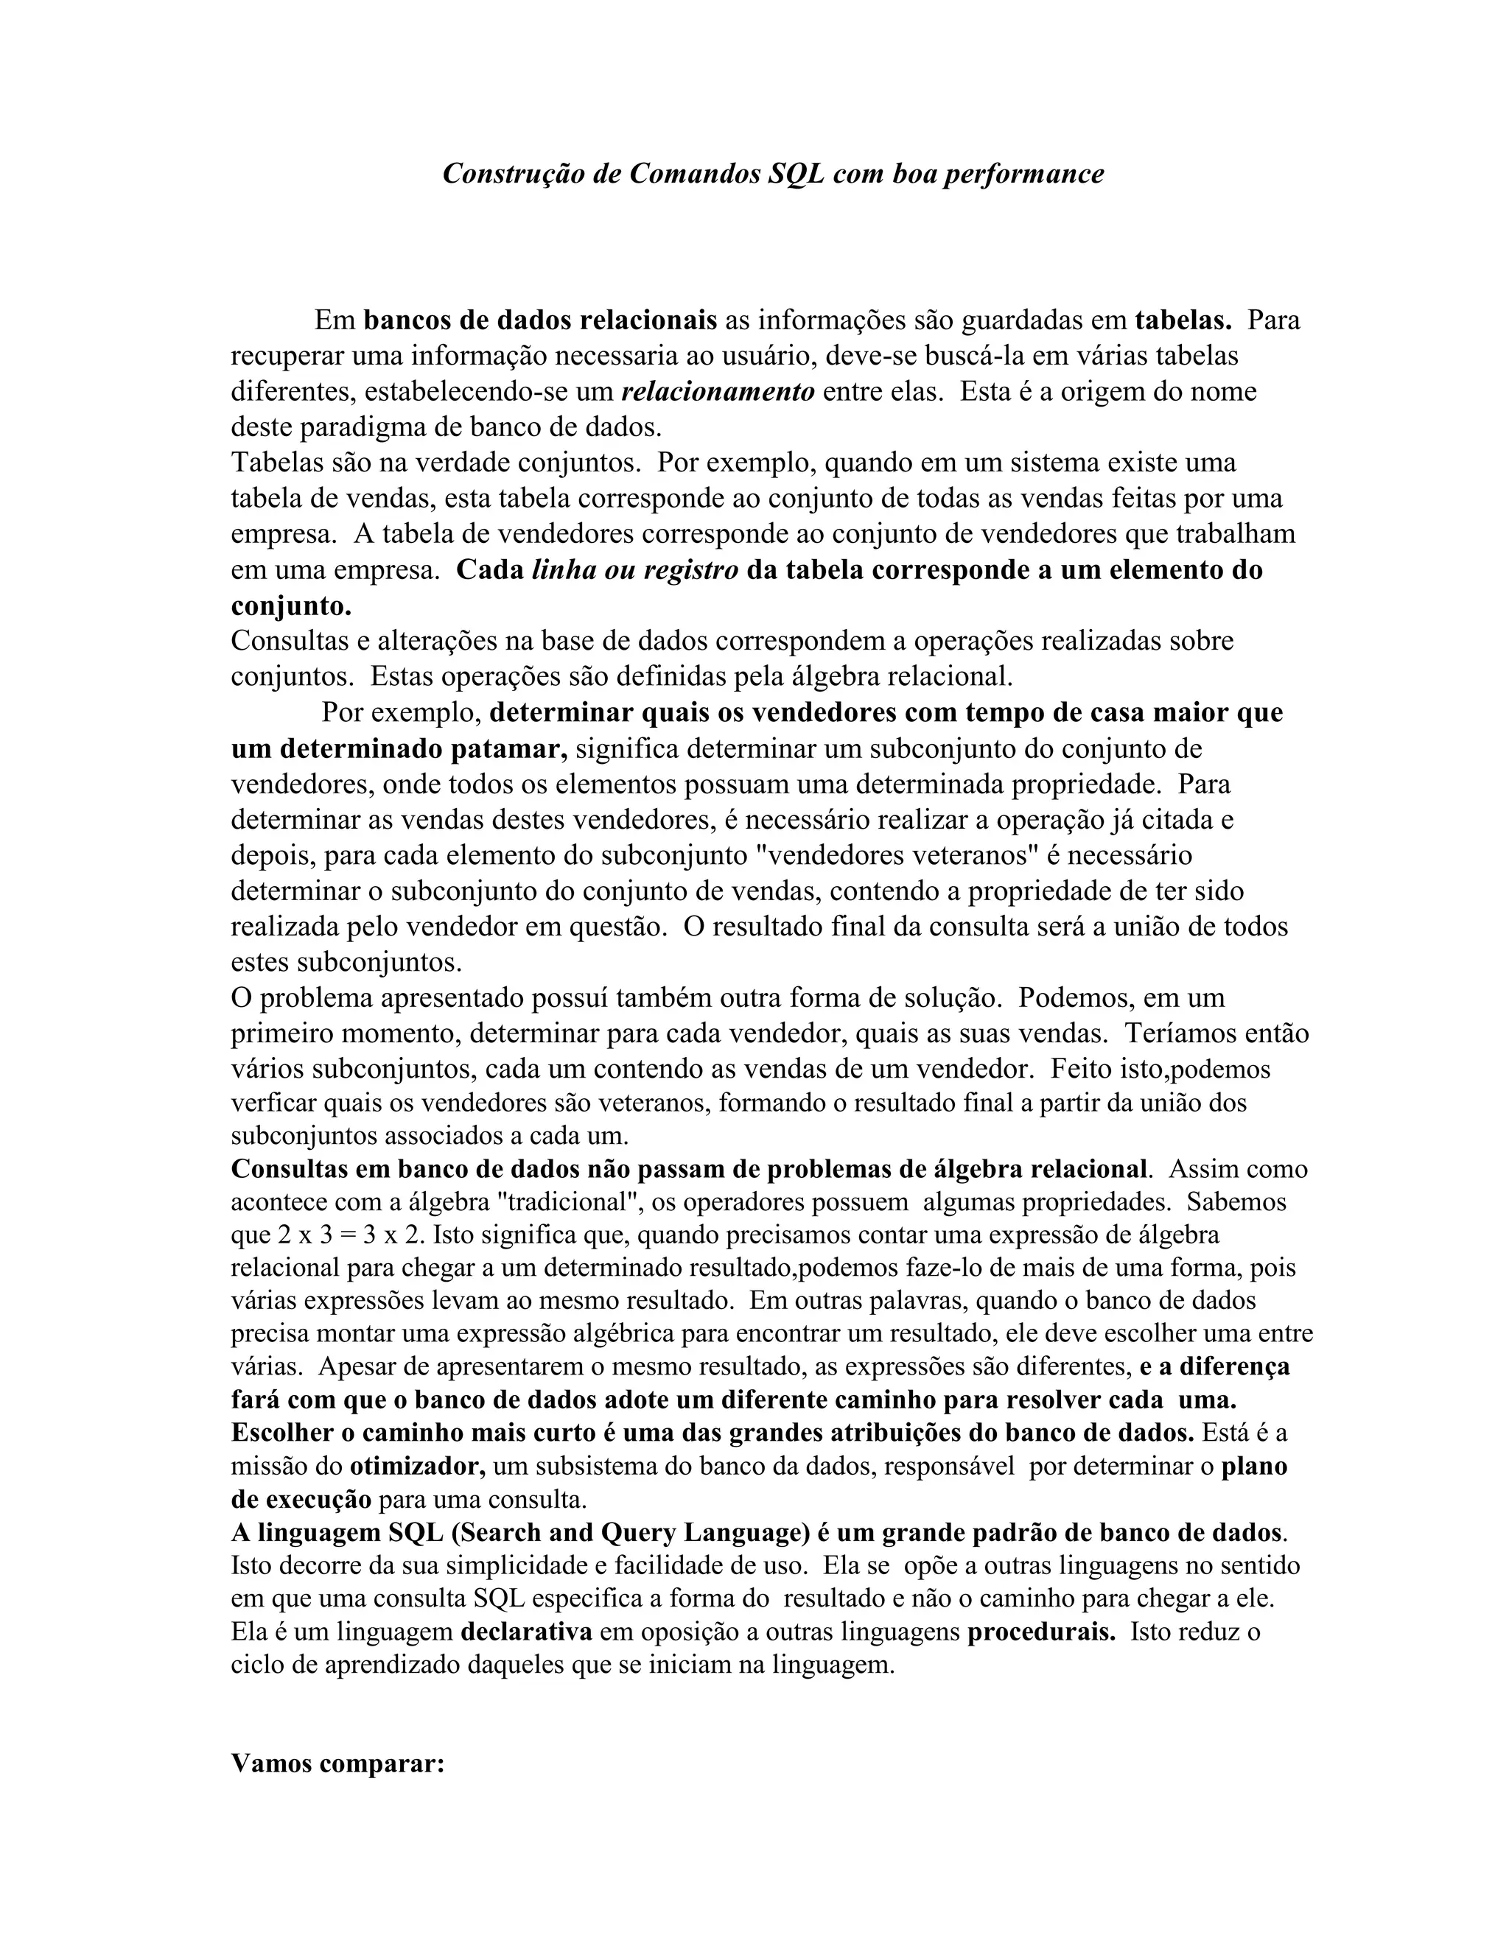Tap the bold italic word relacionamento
(718, 391)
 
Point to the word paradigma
(361, 427)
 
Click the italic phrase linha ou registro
(634, 570)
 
